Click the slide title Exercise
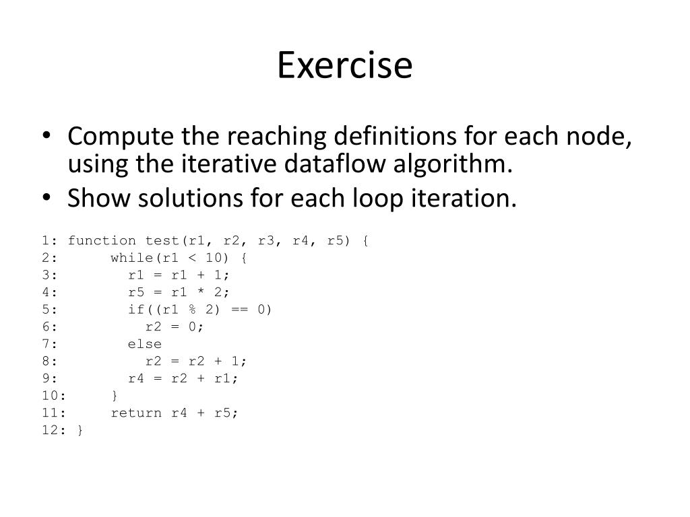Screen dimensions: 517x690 click(x=344, y=66)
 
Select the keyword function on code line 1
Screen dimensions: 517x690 click(x=102, y=240)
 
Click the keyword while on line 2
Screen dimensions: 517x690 click(x=132, y=258)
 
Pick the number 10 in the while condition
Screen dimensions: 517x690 click(x=213, y=258)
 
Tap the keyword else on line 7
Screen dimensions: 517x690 click(x=145, y=344)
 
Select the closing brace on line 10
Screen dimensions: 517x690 click(x=115, y=396)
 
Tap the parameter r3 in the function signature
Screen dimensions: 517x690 click(x=266, y=240)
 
